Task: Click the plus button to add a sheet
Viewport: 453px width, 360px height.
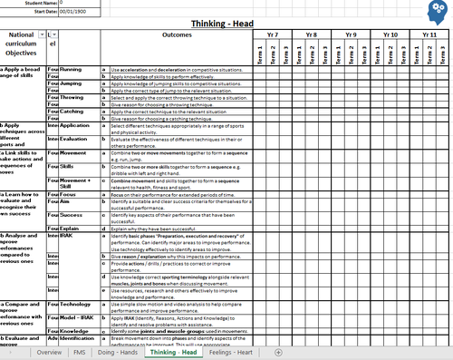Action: (x=277, y=352)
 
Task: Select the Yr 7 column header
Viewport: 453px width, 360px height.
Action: (x=273, y=34)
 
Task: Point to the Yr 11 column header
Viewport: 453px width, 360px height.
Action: (x=432, y=34)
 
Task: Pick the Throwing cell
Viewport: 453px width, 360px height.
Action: (x=72, y=97)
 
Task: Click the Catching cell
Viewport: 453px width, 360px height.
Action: (x=72, y=112)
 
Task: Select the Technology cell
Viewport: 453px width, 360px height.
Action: (x=77, y=304)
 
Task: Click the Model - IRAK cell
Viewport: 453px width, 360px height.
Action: (x=80, y=318)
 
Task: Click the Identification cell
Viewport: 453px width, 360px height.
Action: (x=80, y=340)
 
